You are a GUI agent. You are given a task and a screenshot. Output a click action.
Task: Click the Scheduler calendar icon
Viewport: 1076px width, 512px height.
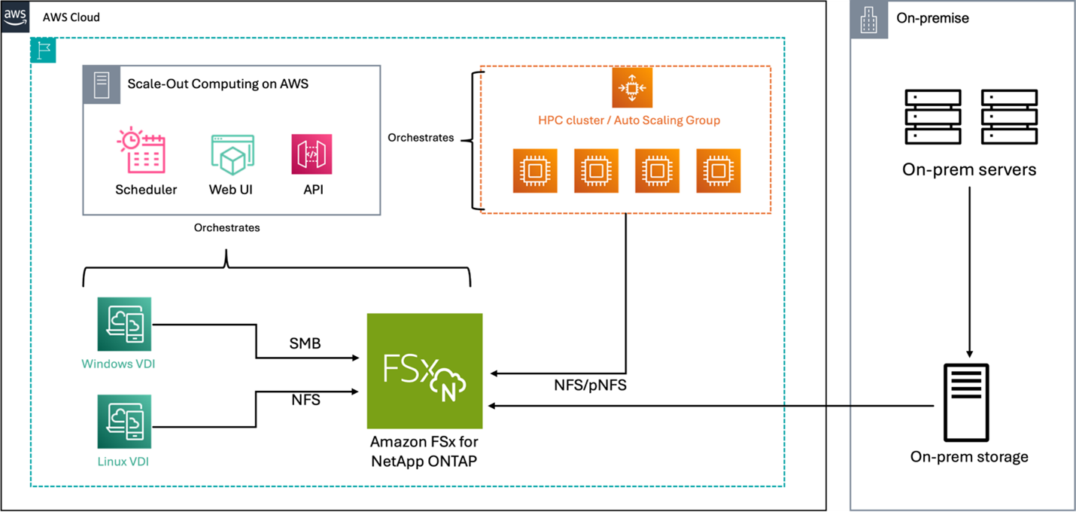point(142,151)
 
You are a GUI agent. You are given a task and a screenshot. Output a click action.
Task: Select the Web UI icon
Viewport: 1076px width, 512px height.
point(232,155)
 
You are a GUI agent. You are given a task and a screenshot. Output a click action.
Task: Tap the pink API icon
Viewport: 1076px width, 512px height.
point(312,154)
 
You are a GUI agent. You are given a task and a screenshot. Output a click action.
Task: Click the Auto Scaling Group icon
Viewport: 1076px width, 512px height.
point(631,88)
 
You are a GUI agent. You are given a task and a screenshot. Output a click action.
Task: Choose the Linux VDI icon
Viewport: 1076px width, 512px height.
point(124,421)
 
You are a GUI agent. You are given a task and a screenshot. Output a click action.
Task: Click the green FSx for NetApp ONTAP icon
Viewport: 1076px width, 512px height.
point(424,371)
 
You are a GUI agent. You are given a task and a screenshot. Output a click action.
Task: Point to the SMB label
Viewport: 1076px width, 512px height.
point(305,343)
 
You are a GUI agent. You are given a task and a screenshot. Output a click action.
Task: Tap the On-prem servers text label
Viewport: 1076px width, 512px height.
point(969,170)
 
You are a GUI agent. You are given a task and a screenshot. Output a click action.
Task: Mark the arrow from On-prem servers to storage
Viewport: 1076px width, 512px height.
point(969,271)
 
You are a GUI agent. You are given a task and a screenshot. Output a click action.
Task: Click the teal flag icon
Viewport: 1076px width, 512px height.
point(43,50)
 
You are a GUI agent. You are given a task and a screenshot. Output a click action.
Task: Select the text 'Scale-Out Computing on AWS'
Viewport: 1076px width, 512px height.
point(217,84)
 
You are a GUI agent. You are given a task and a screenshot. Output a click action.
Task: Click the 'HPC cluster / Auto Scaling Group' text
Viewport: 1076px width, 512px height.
point(628,120)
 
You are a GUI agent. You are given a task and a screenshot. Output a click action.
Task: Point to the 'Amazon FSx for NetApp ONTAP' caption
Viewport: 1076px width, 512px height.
point(424,451)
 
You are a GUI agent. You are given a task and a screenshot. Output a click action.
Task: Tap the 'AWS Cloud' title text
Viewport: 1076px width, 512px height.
point(71,17)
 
